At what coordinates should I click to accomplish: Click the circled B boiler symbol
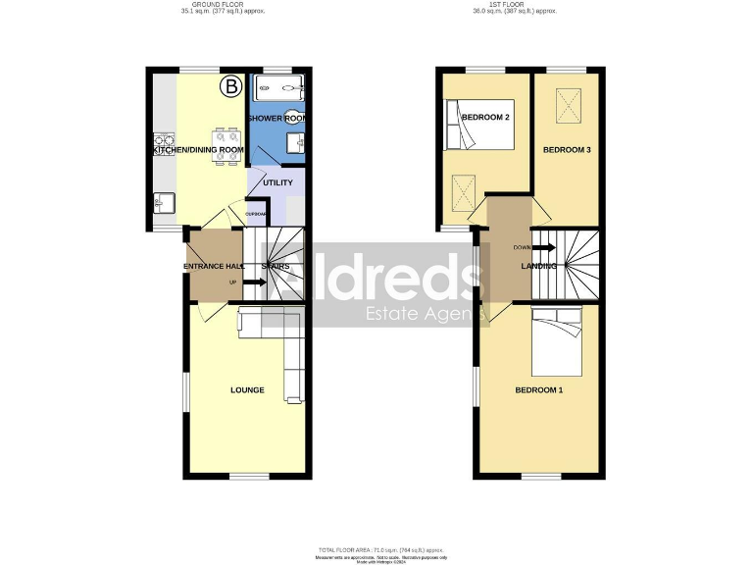click(x=231, y=86)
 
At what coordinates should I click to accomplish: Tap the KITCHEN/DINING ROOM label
click(x=197, y=150)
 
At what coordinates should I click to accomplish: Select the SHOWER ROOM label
click(x=277, y=118)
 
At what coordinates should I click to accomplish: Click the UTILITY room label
click(x=277, y=183)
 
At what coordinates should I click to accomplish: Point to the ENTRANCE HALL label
click(x=213, y=267)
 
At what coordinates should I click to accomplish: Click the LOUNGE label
click(x=247, y=389)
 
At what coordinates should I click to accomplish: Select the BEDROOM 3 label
click(x=567, y=150)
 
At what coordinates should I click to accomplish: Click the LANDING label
click(x=538, y=267)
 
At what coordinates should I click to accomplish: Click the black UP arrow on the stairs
click(x=255, y=282)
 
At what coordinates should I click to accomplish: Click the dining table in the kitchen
click(x=226, y=145)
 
